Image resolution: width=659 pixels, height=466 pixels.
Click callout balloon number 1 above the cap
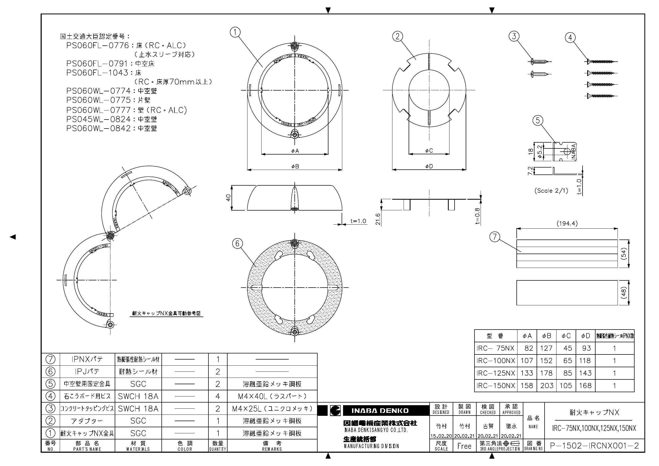[x=235, y=32]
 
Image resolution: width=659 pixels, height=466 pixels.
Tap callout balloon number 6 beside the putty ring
[x=237, y=244]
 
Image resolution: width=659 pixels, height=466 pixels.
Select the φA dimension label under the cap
[x=295, y=151]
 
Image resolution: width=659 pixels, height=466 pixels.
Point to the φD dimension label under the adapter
[x=429, y=166]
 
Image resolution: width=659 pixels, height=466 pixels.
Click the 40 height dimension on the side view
[x=228, y=198]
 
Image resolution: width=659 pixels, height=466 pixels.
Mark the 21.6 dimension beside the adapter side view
[x=378, y=219]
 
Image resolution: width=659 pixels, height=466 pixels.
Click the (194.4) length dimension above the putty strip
[x=567, y=223]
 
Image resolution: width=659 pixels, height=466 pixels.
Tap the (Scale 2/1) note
[x=551, y=191]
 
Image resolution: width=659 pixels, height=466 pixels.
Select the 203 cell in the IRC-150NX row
[x=546, y=386]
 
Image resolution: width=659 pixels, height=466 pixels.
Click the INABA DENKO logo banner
[x=380, y=411]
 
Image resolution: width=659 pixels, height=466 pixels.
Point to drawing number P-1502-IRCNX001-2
[x=594, y=446]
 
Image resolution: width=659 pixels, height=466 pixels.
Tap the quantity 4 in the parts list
[x=217, y=396]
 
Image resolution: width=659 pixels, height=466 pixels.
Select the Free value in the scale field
[x=464, y=446]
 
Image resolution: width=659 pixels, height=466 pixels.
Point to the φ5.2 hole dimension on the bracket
[x=539, y=152]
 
